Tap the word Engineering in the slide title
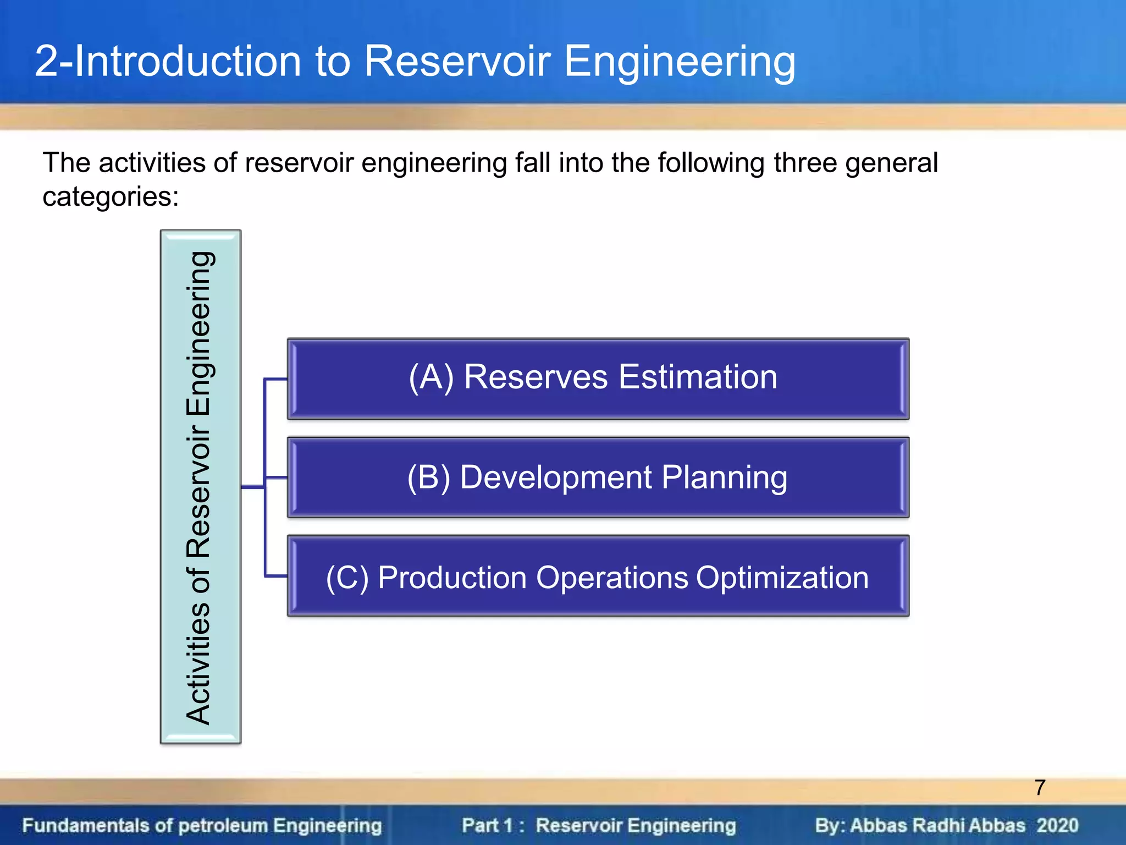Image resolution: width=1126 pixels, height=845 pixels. click(680, 62)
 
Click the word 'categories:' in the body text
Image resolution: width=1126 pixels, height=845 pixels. click(111, 197)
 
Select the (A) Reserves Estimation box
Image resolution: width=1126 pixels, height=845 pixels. click(598, 379)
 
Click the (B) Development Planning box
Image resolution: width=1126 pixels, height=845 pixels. click(598, 478)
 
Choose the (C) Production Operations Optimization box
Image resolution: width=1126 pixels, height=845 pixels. click(598, 576)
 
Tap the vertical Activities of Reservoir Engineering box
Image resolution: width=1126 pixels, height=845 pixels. click(201, 487)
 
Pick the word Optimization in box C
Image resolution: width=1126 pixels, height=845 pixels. click(782, 578)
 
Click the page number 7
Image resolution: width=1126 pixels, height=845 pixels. click(1040, 788)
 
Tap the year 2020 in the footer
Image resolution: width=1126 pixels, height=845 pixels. click(1057, 826)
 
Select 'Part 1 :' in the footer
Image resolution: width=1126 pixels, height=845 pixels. click(492, 826)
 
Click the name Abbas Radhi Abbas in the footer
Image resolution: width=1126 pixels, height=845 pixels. click(937, 826)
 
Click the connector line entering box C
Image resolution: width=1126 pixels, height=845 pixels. click(276, 576)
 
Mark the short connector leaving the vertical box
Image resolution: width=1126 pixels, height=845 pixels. click(253, 487)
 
